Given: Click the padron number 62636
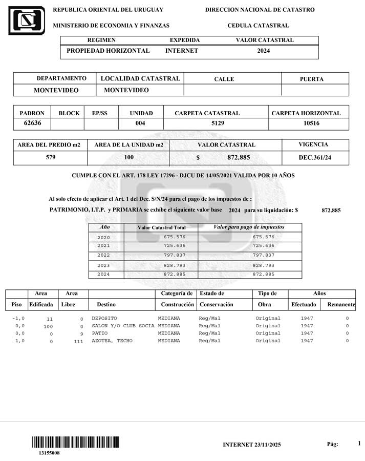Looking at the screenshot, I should (32, 123).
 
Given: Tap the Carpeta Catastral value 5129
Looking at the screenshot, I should (218, 123).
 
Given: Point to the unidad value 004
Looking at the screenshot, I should (141, 123).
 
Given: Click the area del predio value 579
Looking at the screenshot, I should (50, 157).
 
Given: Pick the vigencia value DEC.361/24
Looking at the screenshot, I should (315, 158).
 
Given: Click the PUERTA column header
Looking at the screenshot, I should (311, 79).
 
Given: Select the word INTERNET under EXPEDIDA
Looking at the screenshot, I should (181, 51).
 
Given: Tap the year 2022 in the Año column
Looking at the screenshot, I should (103, 255).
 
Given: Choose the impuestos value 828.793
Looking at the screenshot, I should (264, 265).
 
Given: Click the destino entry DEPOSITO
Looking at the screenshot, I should (104, 319).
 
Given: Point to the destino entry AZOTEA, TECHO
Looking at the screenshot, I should (112, 341).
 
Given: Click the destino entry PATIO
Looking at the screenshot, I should (100, 333).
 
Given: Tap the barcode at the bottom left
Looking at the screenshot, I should (76, 442).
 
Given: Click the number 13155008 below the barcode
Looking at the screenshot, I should (49, 453).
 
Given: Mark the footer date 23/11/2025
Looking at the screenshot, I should (268, 445).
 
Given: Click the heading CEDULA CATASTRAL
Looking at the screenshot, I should (258, 25).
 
